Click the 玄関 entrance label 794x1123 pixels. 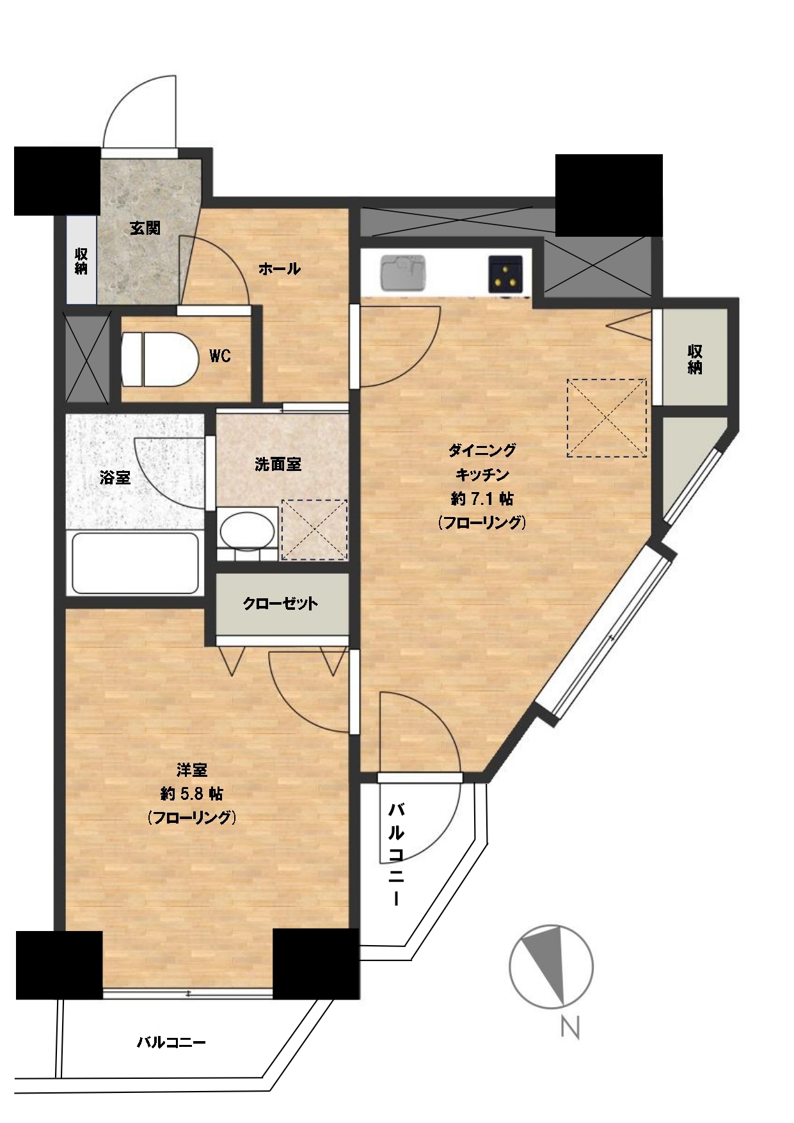(x=145, y=228)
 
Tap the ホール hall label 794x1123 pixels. (x=280, y=269)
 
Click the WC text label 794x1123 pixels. (x=220, y=356)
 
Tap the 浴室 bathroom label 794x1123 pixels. (x=115, y=477)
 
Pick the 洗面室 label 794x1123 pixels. (x=278, y=465)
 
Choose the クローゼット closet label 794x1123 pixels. (x=280, y=603)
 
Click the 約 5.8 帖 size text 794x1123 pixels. (x=192, y=793)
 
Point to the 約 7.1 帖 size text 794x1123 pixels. (x=482, y=498)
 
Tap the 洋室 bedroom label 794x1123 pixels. (x=192, y=770)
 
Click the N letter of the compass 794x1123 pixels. (x=570, y=1028)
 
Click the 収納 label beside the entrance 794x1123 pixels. (x=81, y=261)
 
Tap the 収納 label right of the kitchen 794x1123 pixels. (x=695, y=359)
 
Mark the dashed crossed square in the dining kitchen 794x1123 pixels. (x=607, y=418)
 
